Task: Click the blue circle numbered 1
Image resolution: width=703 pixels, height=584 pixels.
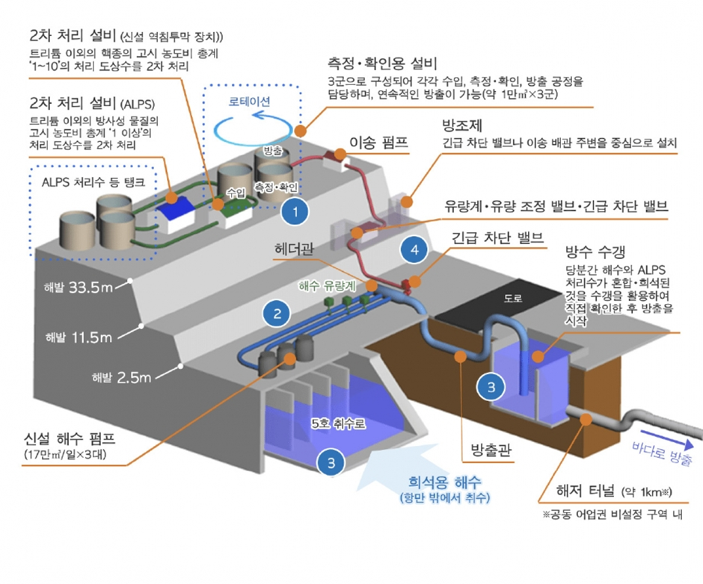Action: click(296, 211)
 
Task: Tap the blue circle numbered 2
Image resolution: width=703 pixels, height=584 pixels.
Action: click(276, 313)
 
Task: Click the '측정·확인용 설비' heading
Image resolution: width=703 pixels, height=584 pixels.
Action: click(387, 62)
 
